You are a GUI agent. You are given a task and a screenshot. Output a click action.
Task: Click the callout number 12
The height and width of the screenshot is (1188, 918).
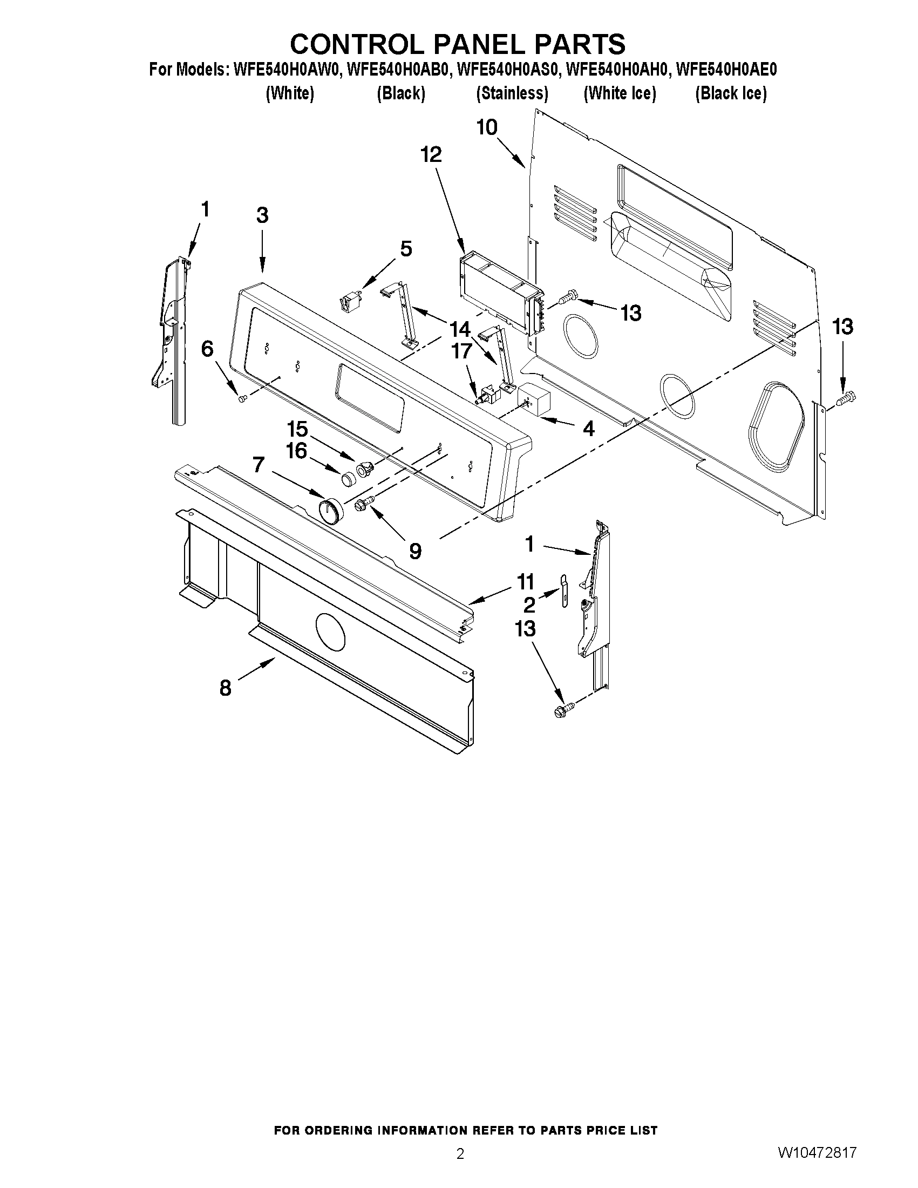point(431,155)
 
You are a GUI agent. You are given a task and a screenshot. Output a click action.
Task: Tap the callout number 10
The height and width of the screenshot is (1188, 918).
point(487,128)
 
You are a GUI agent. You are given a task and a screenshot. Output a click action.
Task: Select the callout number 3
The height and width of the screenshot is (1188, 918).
point(262,216)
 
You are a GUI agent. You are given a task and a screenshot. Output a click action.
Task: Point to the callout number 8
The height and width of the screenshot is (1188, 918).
point(225,689)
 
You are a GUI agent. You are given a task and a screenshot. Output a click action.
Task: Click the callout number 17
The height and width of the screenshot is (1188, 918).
point(461,352)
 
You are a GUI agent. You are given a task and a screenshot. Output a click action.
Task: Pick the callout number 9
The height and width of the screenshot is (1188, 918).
point(414,552)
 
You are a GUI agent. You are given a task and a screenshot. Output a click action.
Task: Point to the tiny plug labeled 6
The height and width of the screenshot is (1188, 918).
point(242,399)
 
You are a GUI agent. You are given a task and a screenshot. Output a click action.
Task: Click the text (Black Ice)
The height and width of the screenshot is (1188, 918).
point(731,93)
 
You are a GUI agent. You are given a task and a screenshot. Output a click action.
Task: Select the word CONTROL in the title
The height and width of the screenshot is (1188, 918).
point(358,44)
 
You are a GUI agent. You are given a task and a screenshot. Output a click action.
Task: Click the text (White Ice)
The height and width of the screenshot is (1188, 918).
point(620,93)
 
